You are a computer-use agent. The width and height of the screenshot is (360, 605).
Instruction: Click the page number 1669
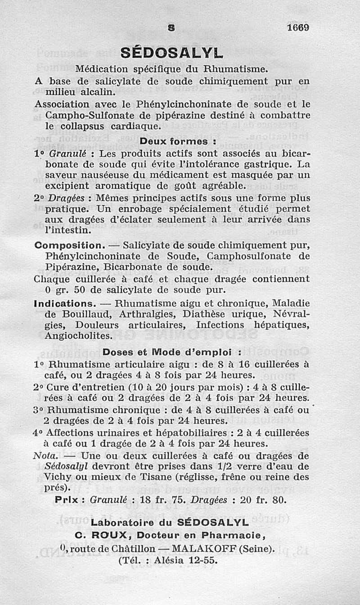coord(297,27)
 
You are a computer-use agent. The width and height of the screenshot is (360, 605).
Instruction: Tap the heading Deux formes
coord(179,141)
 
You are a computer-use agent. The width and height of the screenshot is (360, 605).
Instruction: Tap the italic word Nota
coord(44,455)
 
